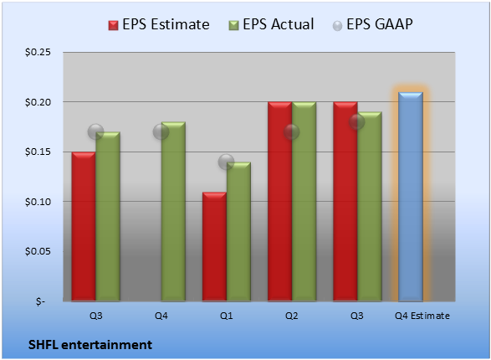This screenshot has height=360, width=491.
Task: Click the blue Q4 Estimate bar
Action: click(411, 197)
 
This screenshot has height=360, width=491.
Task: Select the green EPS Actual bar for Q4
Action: click(173, 212)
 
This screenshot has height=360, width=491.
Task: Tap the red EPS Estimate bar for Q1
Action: click(214, 247)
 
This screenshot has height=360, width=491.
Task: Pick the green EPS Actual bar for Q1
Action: click(238, 232)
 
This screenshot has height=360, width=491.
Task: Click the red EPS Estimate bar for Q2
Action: click(279, 202)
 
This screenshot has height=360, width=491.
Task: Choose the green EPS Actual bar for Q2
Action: click(304, 202)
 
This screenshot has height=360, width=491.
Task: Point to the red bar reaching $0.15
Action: click(84, 227)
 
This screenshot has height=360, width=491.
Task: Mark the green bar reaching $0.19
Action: click(370, 207)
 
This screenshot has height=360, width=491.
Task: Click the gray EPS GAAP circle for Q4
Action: click(161, 132)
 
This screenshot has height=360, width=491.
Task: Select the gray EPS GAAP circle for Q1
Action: click(226, 162)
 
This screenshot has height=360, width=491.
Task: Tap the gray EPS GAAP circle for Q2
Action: click(292, 132)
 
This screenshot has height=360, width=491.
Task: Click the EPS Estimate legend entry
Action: click(159, 24)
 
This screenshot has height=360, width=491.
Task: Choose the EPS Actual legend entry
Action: click(271, 24)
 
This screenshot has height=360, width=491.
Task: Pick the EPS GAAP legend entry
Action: click(372, 24)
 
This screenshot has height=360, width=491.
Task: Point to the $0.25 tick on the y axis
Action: click(38, 52)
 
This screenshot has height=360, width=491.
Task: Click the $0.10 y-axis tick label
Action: click(38, 202)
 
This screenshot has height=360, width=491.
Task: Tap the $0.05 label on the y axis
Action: click(38, 251)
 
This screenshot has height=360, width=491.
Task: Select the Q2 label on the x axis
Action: click(292, 316)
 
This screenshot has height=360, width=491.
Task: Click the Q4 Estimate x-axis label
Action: click(422, 316)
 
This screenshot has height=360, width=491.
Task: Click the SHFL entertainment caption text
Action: click(90, 345)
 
